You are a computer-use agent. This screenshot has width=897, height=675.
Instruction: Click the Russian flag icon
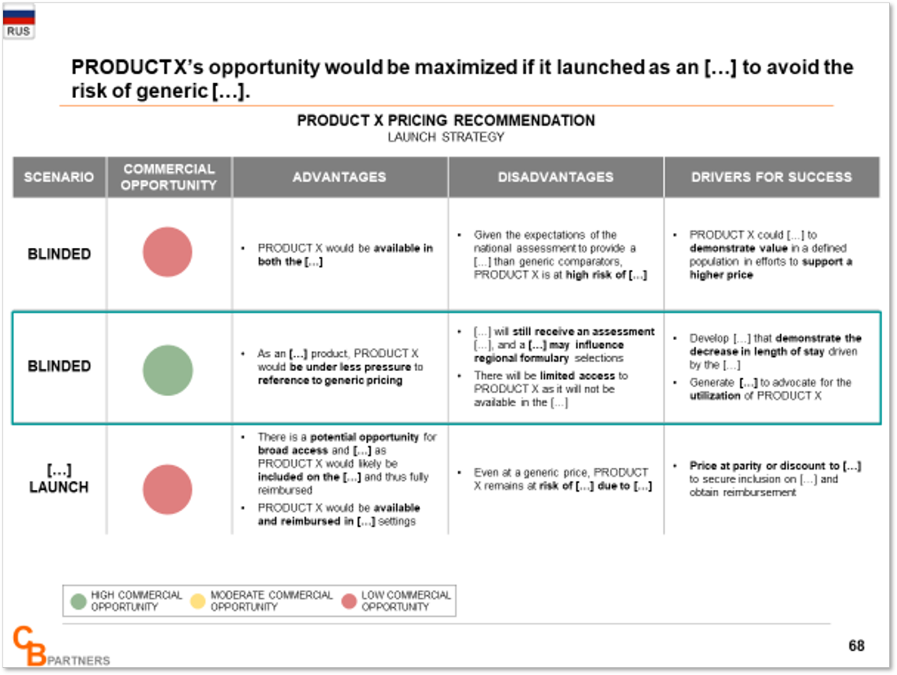[19, 15]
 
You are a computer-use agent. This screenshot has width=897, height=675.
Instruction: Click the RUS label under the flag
[18, 32]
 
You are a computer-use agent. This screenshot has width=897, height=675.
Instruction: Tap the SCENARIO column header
[59, 177]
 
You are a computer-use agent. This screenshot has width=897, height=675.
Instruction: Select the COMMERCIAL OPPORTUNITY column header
[169, 177]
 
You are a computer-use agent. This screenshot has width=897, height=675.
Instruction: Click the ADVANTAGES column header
[339, 177]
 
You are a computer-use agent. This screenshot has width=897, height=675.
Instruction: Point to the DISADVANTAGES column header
[556, 177]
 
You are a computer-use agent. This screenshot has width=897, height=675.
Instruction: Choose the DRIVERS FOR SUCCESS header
[772, 177]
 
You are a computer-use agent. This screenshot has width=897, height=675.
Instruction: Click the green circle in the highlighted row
[168, 370]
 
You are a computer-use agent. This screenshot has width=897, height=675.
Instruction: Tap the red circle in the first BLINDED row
[168, 252]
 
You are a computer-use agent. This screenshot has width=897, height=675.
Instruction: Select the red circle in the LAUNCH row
[168, 490]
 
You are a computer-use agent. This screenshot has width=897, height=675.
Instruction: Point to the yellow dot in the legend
[197, 601]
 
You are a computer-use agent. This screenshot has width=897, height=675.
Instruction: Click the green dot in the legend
[79, 601]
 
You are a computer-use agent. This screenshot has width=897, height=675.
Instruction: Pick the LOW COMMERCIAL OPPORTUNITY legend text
[406, 601]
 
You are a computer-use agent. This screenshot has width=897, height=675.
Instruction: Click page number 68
[856, 645]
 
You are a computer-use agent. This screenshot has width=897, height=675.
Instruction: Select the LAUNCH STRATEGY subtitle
[446, 137]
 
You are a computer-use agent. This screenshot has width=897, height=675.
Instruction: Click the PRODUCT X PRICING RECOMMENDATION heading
[446, 121]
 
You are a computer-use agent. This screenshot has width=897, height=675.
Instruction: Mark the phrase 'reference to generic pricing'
[330, 380]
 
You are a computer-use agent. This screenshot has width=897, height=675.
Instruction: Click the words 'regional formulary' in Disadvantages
[521, 358]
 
